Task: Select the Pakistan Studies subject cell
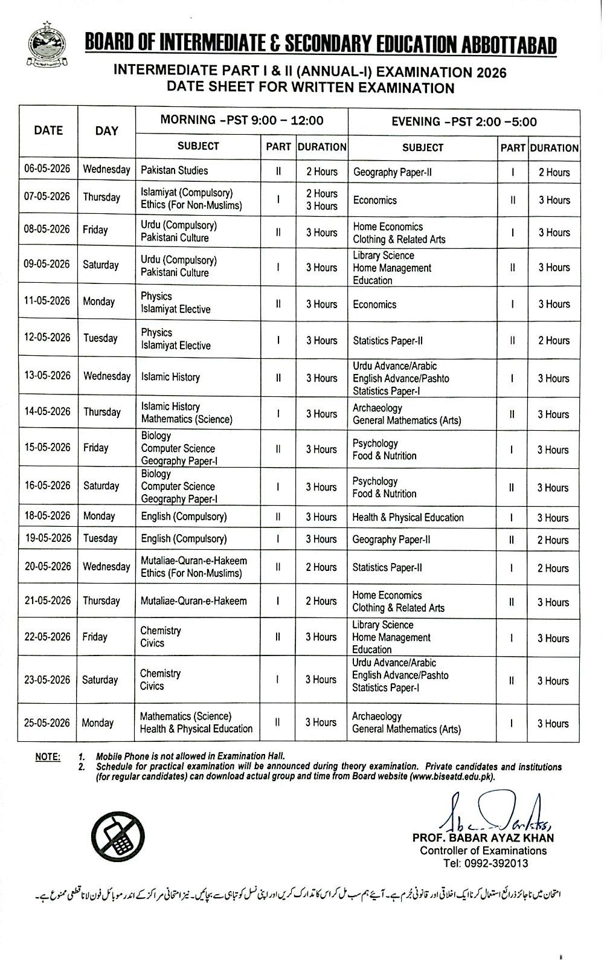coord(174,170)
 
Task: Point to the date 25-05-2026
coord(47,723)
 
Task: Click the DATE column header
coord(48,130)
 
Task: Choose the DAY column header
coord(107,130)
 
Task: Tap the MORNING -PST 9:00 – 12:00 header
coord(242,120)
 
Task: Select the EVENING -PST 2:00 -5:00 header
coord(464,121)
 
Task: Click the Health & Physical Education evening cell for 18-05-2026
coord(408,517)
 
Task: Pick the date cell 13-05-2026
coord(47,375)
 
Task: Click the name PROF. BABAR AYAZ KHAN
coord(483,838)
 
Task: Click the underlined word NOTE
coord(48,756)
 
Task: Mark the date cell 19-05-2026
coord(47,538)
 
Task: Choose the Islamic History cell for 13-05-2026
coord(170,377)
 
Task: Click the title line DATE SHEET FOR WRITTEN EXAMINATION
coord(310,88)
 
